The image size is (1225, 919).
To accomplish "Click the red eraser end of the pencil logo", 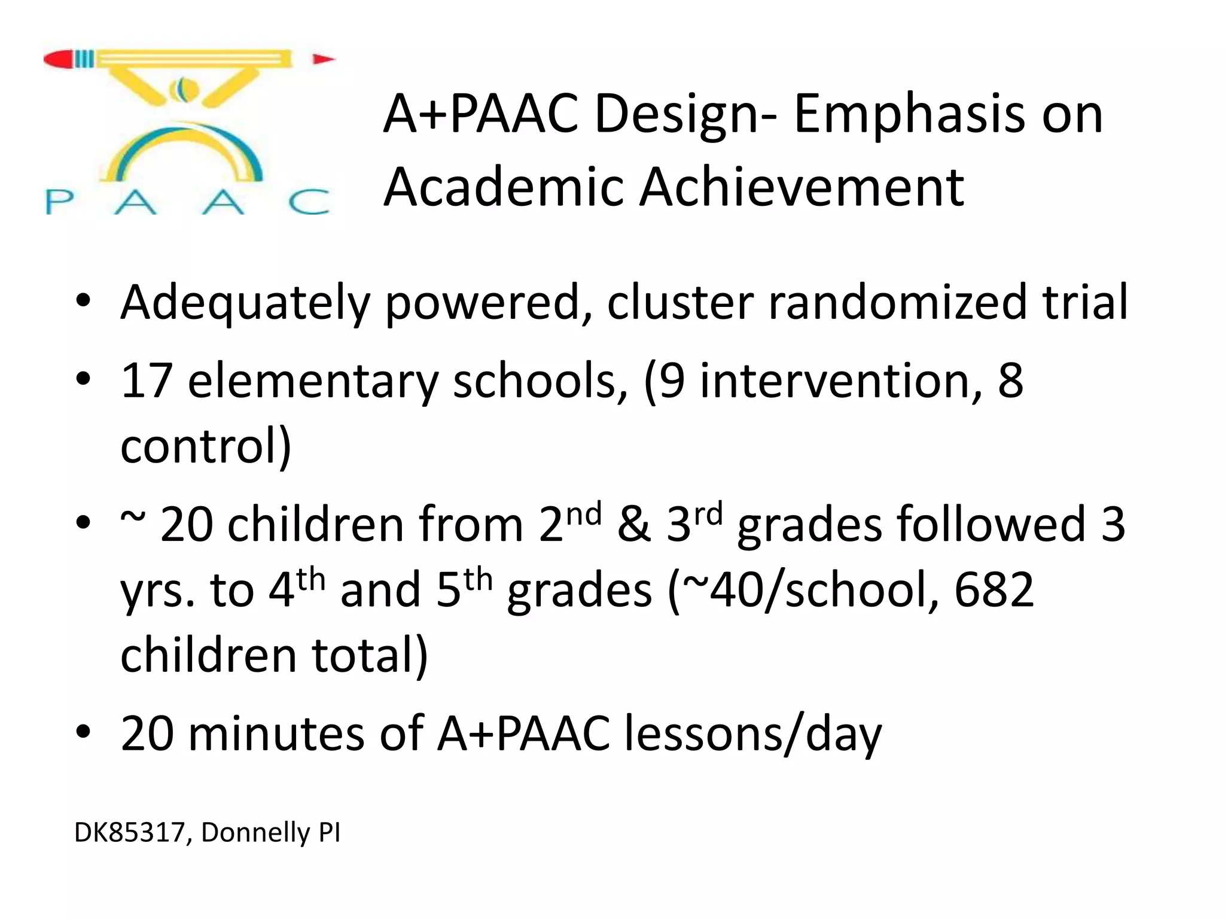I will pos(59,59).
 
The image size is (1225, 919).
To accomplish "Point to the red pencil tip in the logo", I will pos(324,59).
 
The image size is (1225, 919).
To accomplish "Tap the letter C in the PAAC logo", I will pos(309,202).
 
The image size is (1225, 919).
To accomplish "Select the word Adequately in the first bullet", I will pos(245,303).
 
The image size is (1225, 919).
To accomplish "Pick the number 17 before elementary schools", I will pos(147,381).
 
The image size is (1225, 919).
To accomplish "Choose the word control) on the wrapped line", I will pos(206,446).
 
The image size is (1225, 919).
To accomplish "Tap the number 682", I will pos(994,590).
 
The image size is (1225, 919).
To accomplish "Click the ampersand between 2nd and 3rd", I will pos(634,524).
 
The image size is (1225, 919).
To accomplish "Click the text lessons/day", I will pos(753,735).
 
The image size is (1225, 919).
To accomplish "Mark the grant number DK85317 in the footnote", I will pos(129,833).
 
